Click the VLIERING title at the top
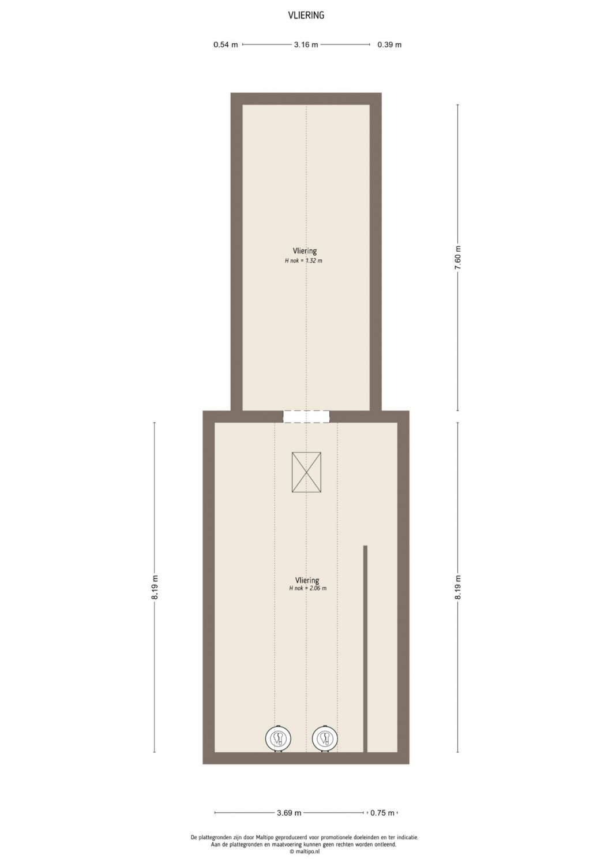pyautogui.click(x=306, y=16)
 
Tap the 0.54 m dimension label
pyautogui.click(x=226, y=44)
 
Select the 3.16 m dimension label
pyautogui.click(x=306, y=44)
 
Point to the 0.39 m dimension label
pyautogui.click(x=389, y=44)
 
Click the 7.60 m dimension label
pyautogui.click(x=458, y=258)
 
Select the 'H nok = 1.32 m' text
pyautogui.click(x=303, y=260)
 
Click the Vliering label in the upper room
pyautogui.click(x=305, y=251)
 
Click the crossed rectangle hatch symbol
pyautogui.click(x=306, y=472)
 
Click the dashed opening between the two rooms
pyautogui.click(x=306, y=417)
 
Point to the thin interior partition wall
pyautogui.click(x=365, y=649)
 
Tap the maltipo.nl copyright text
pyautogui.click(x=305, y=852)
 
